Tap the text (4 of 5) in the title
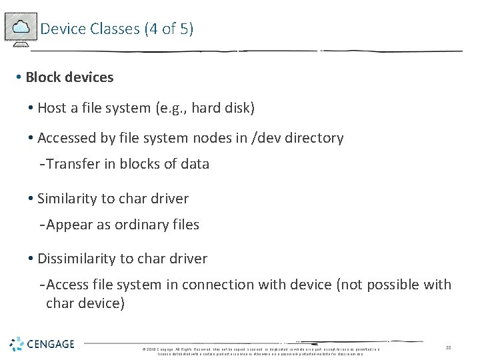[169, 29]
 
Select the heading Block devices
[69, 77]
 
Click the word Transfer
[71, 164]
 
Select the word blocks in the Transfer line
[142, 164]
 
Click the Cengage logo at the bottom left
[42, 344]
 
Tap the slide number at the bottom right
[448, 347]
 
